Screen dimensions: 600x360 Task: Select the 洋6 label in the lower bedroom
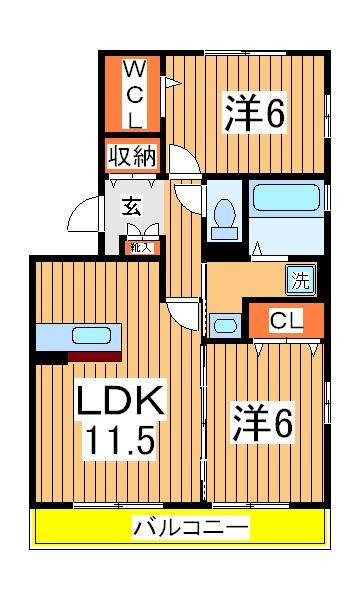264,423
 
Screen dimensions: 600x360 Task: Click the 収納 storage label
131,158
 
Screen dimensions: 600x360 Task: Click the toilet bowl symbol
225,214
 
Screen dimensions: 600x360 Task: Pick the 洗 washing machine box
299,281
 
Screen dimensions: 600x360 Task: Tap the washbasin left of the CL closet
226,324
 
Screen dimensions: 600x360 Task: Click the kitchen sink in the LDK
91,336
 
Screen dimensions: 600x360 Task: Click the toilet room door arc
187,195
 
